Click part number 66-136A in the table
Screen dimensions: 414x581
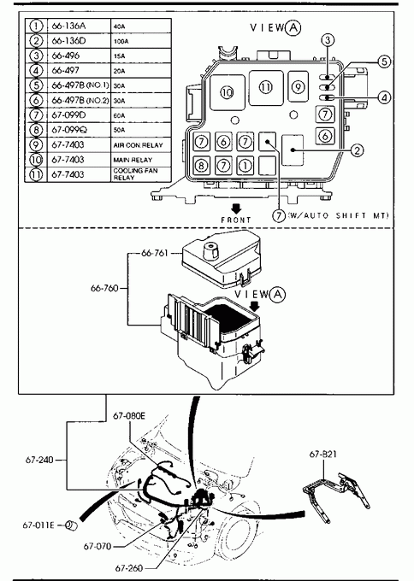click(x=68, y=26)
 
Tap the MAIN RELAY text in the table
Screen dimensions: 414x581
click(x=133, y=160)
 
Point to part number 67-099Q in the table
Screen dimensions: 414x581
click(x=69, y=130)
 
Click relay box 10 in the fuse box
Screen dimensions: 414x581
click(x=228, y=92)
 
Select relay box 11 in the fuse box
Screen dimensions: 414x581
click(x=266, y=88)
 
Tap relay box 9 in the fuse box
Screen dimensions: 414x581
click(x=298, y=86)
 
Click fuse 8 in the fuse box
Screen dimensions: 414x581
click(x=201, y=165)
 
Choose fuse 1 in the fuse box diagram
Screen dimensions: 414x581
click(x=245, y=165)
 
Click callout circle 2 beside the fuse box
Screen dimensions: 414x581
click(x=357, y=150)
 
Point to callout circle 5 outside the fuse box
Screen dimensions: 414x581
click(x=384, y=62)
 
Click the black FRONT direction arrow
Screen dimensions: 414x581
click(x=236, y=208)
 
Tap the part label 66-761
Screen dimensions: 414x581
click(x=155, y=253)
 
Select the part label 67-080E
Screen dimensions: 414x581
click(x=129, y=416)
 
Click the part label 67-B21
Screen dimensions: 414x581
click(x=323, y=454)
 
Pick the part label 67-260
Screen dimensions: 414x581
click(x=128, y=568)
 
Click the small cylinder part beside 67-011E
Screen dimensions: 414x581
click(x=71, y=525)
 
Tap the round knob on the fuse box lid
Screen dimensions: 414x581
click(x=211, y=252)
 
